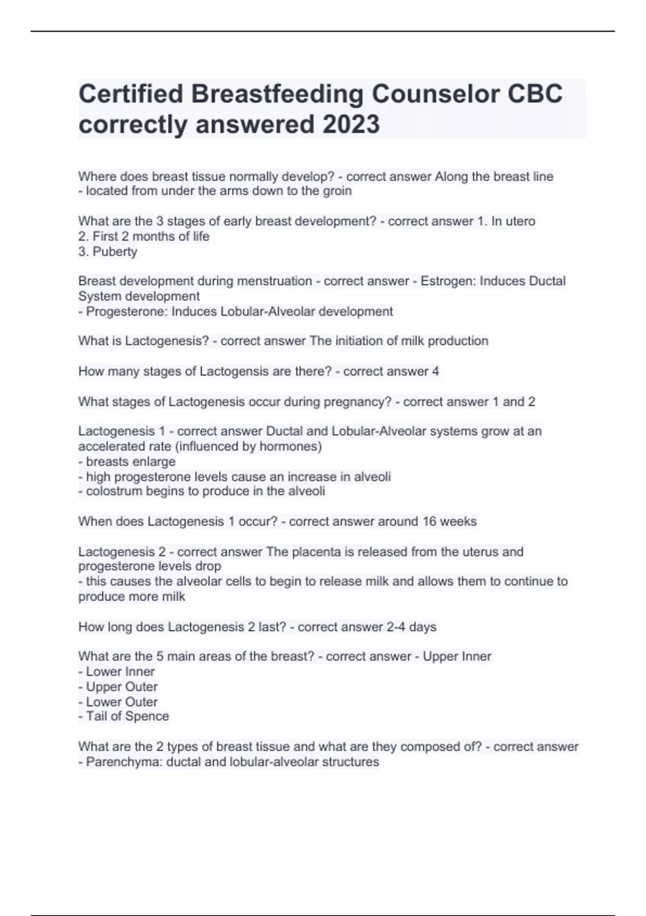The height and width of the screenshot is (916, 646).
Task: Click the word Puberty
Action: pyautogui.click(x=115, y=252)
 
